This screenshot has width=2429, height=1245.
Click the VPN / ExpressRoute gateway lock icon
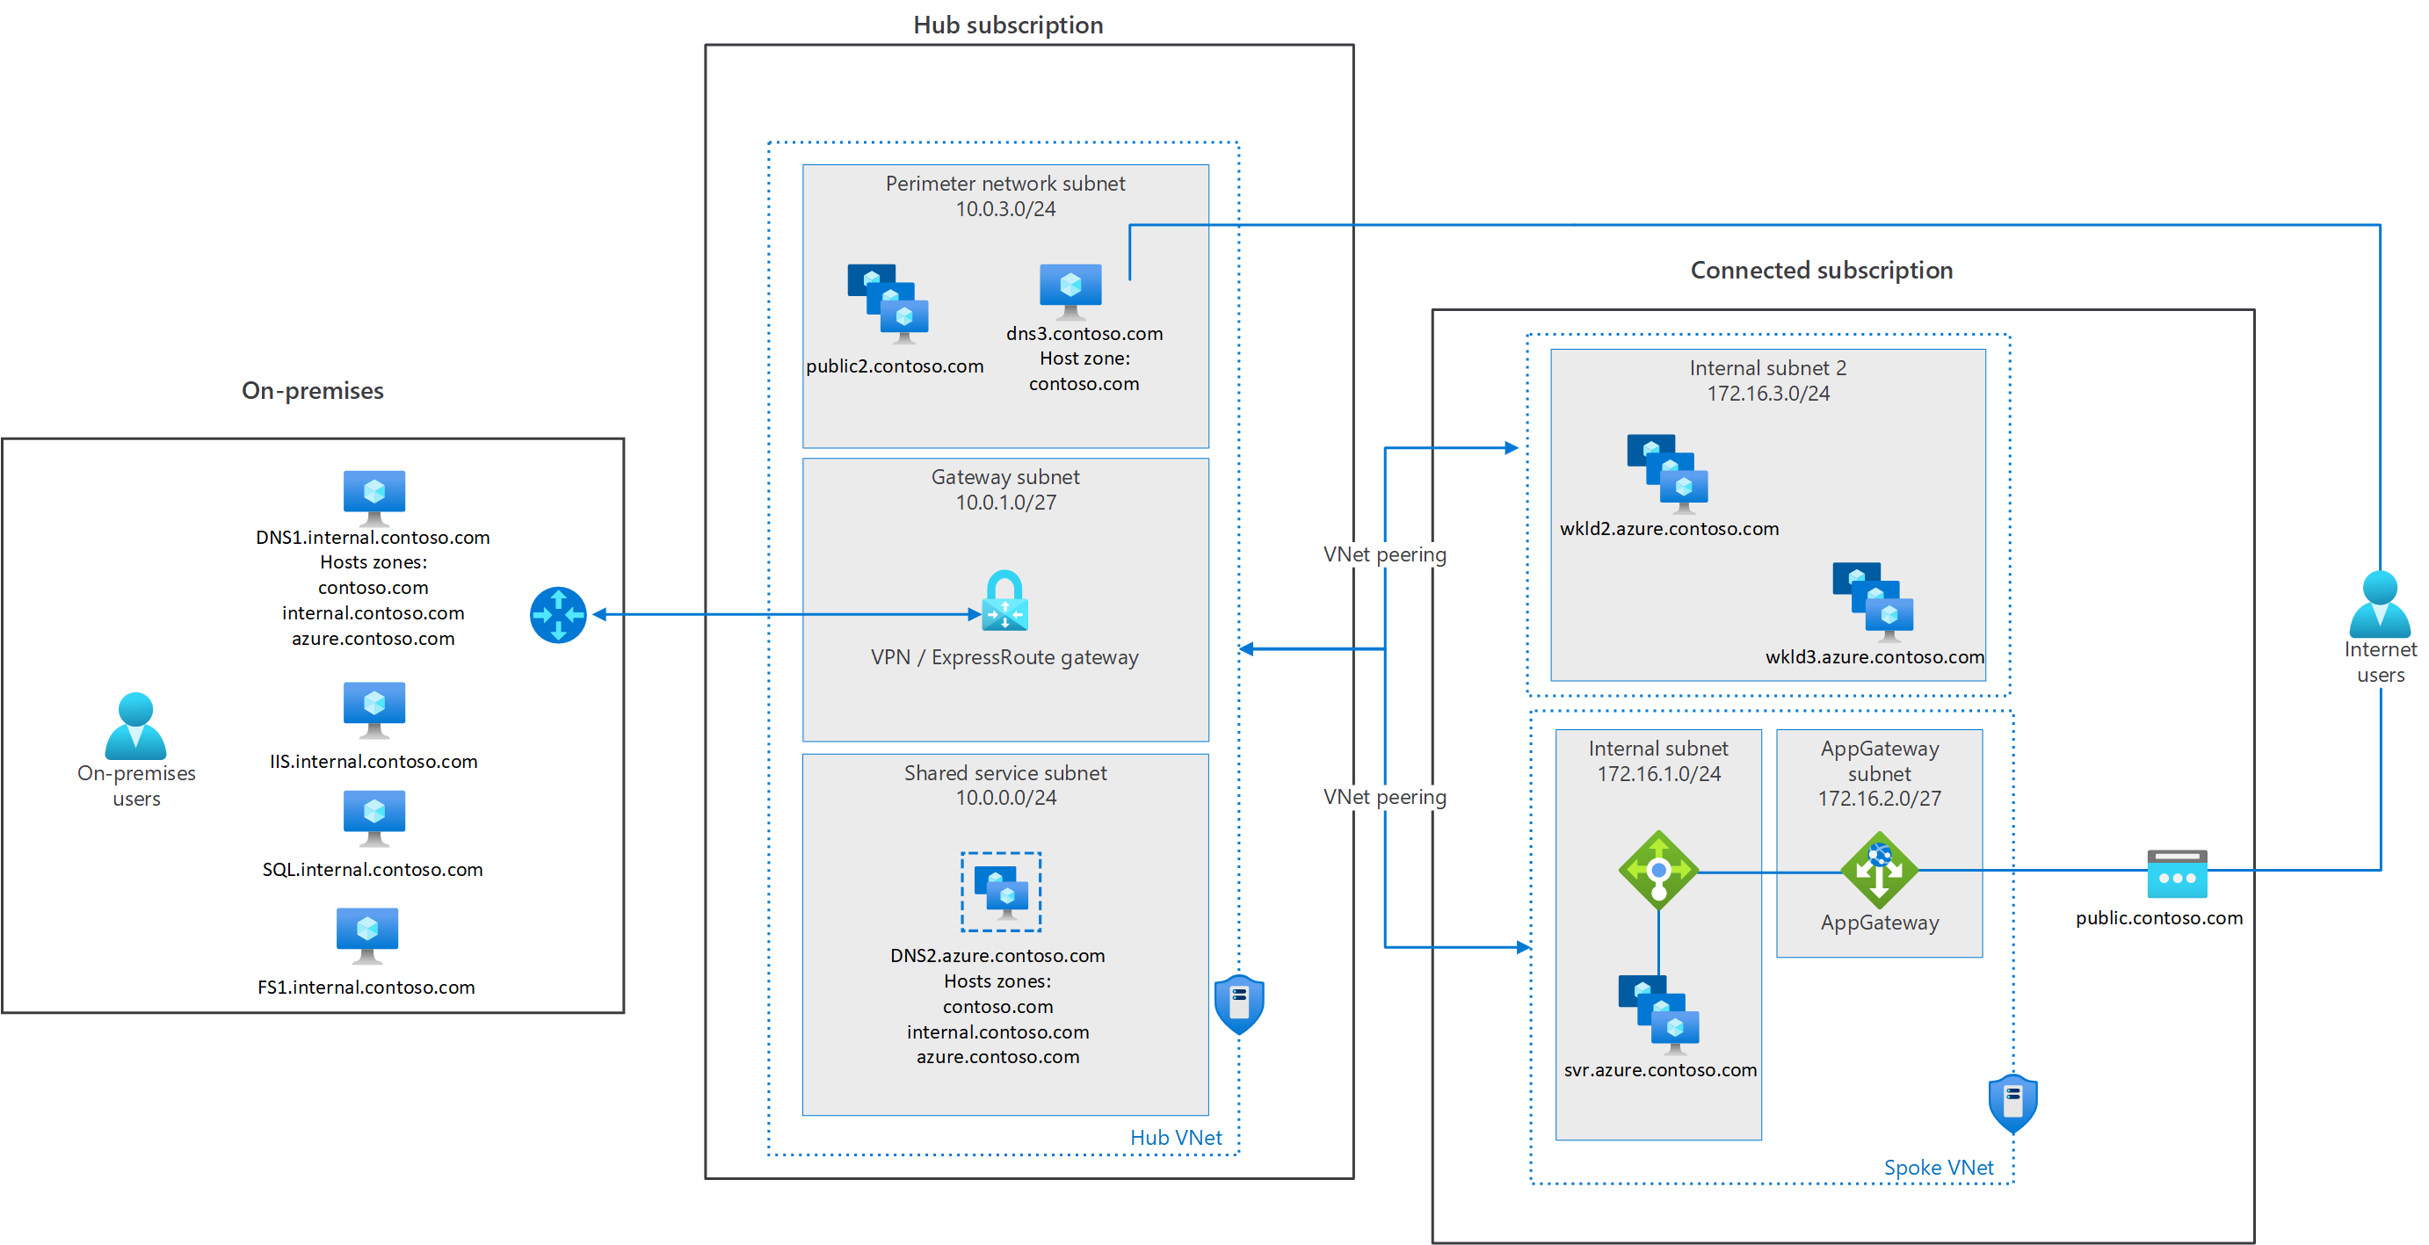click(x=1004, y=600)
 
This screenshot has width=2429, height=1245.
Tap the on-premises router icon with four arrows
click(x=558, y=614)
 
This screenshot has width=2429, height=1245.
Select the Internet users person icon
click(x=2380, y=604)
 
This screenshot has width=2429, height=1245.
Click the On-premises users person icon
click(x=136, y=726)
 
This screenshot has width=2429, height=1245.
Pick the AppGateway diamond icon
click(x=1879, y=870)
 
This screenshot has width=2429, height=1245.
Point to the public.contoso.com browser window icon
click(x=2178, y=873)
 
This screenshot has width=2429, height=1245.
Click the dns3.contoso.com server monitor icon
click(x=1070, y=291)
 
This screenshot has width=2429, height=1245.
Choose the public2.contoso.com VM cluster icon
click(x=888, y=303)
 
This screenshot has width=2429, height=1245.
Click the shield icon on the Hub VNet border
click(x=1239, y=1003)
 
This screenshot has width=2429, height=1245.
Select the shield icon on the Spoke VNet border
click(x=2013, y=1103)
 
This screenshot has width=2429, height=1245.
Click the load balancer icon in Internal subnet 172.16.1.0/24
click(x=1658, y=870)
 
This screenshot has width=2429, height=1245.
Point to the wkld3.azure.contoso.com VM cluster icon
click(x=1873, y=601)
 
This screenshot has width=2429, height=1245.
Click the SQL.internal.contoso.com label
click(x=373, y=869)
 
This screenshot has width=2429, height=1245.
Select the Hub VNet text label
click(x=1176, y=1138)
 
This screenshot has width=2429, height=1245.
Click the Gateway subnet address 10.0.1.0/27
click(x=1006, y=503)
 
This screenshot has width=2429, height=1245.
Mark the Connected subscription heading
click(x=1821, y=271)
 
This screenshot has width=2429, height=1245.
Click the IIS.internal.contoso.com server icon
click(x=374, y=710)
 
